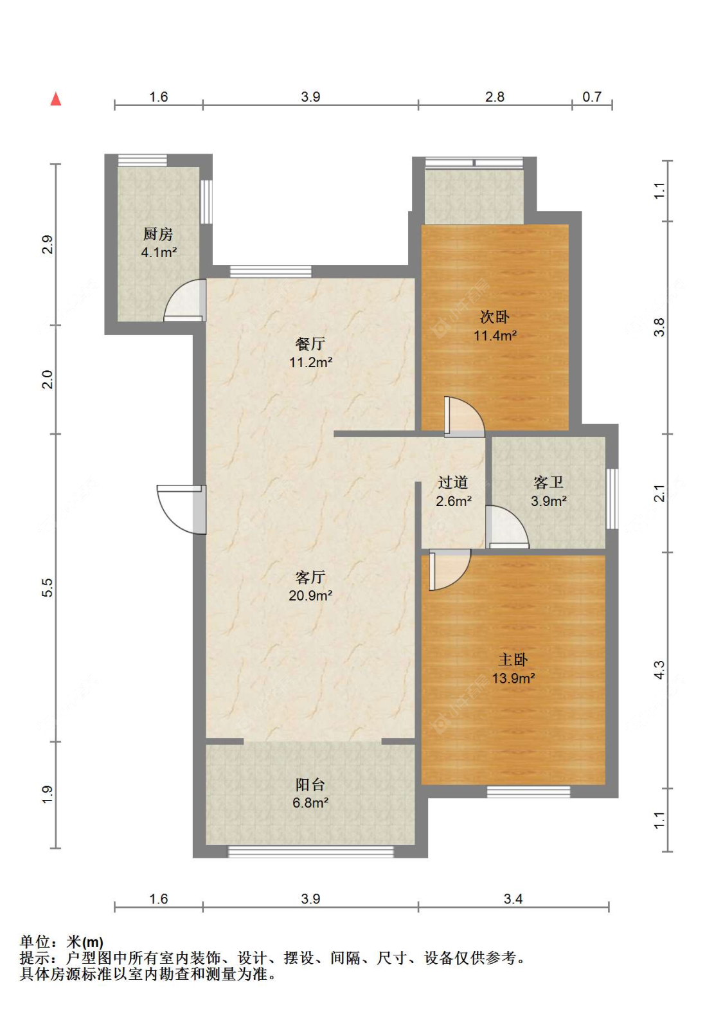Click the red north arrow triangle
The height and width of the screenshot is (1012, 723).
pyautogui.click(x=55, y=98)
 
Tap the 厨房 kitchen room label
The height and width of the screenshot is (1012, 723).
pyautogui.click(x=158, y=233)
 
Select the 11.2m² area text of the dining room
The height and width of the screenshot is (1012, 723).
pyautogui.click(x=310, y=363)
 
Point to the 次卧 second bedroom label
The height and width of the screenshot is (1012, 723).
pyautogui.click(x=494, y=317)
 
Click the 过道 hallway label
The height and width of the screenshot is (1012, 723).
pyautogui.click(x=452, y=482)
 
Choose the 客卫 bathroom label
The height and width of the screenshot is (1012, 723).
pyautogui.click(x=548, y=482)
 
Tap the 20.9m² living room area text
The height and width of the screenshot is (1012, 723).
pyautogui.click(x=310, y=595)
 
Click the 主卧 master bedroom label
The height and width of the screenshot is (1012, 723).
pyautogui.click(x=513, y=660)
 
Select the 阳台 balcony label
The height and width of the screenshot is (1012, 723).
pyautogui.click(x=310, y=785)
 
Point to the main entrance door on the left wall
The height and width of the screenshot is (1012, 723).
pyautogui.click(x=181, y=510)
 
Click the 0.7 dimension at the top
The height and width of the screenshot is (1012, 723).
pyautogui.click(x=592, y=96)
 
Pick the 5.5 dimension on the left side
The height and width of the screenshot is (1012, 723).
pyautogui.click(x=48, y=588)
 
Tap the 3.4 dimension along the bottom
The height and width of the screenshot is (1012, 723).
pyautogui.click(x=513, y=899)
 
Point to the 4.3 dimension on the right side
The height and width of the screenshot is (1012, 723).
pyautogui.click(x=659, y=670)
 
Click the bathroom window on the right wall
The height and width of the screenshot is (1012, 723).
pyautogui.click(x=612, y=499)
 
